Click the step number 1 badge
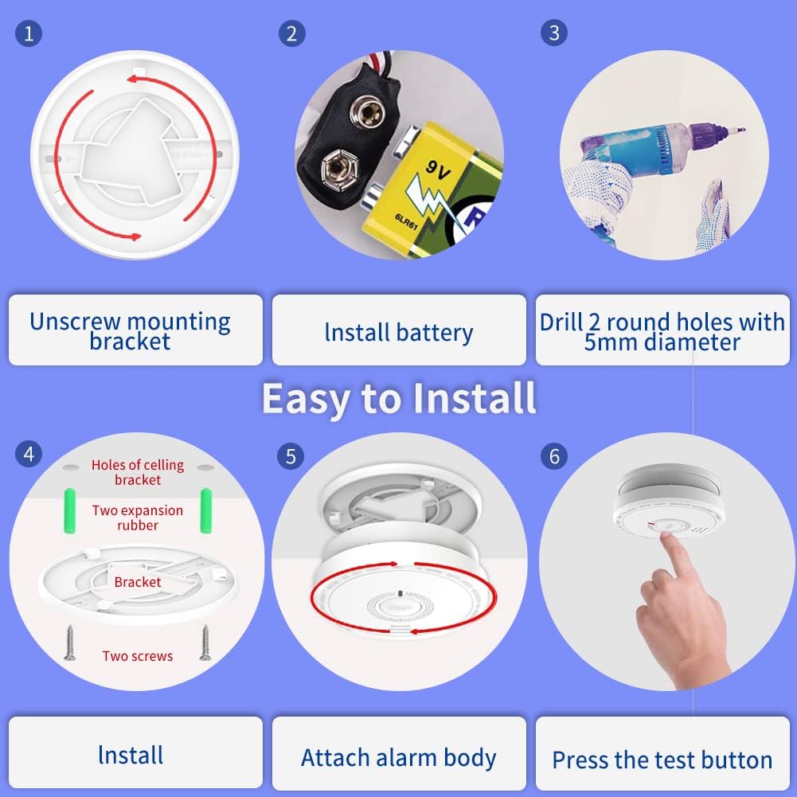pos(29,33)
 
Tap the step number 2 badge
pos(292,33)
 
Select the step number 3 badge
pos(554,33)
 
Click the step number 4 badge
pos(29,455)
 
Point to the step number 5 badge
pos(292,456)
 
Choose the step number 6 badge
pos(554,456)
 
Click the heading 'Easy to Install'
pos(398,398)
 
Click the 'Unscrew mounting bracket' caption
pos(131,331)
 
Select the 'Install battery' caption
pos(399,332)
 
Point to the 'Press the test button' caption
pos(662,760)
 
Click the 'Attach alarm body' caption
pos(399,757)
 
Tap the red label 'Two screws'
pos(138,656)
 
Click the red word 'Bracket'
pos(138,582)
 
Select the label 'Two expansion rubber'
pos(138,518)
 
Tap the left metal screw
pos(70,643)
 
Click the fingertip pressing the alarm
pos(666,541)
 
